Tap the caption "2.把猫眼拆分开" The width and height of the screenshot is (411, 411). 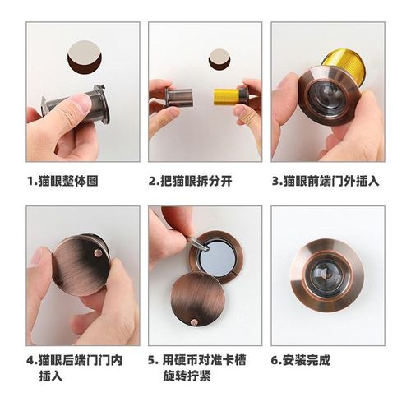tap(191, 180)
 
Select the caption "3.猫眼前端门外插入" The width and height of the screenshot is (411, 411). tap(326, 180)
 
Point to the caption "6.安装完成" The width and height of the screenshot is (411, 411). tap(306, 360)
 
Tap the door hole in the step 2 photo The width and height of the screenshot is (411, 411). tap(217, 60)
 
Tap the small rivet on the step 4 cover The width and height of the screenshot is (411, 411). tap(98, 256)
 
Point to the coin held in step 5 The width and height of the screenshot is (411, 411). tap(191, 243)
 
